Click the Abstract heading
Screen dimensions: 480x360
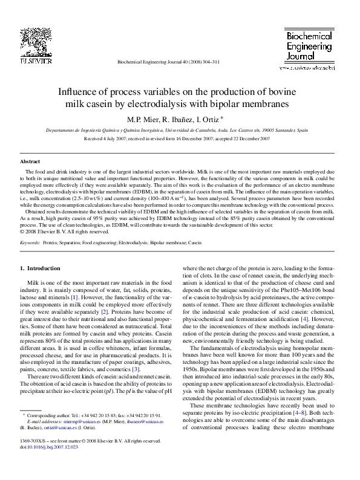pos(30,162)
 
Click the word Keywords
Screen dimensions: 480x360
pos(30,242)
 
